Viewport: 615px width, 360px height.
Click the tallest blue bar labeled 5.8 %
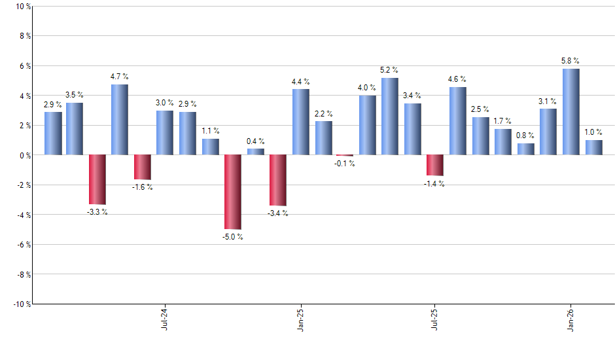(x=571, y=112)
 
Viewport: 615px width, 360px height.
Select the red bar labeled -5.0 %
(x=232, y=192)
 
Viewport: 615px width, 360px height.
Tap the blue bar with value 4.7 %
(x=120, y=120)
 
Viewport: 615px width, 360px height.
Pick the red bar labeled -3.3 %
(x=97, y=179)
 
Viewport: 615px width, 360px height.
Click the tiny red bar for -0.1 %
(x=345, y=156)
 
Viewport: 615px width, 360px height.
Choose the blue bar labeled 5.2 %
(x=390, y=117)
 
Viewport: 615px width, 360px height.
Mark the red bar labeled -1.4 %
(x=435, y=165)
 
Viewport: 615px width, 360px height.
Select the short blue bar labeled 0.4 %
(x=255, y=152)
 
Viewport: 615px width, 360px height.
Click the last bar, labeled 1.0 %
(x=593, y=147)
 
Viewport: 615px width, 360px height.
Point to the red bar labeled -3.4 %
(x=277, y=180)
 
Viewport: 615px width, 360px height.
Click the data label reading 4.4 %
(x=300, y=82)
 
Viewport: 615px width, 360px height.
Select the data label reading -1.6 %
(x=143, y=187)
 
